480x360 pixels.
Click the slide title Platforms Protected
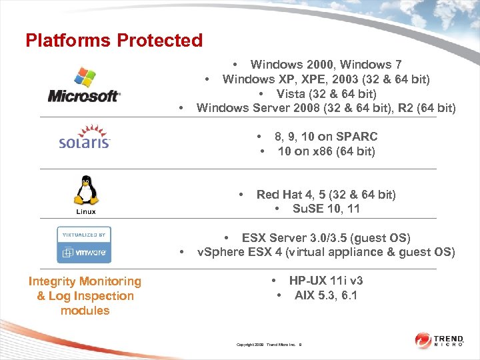[114, 41]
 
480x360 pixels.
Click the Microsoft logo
[84, 85]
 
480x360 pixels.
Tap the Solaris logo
[84, 135]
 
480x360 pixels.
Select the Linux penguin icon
[85, 192]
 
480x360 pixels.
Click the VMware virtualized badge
[84, 245]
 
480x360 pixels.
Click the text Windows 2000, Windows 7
[325, 65]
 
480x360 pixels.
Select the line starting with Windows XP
[325, 79]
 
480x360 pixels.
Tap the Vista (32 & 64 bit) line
[326, 94]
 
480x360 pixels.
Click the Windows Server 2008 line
[326, 108]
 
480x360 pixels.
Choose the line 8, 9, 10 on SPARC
[325, 137]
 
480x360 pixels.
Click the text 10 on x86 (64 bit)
[326, 151]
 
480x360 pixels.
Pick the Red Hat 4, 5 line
[325, 195]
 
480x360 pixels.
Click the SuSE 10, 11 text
[326, 209]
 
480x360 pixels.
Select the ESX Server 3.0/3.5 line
[325, 238]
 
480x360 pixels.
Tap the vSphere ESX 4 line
[326, 252]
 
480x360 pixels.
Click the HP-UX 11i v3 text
[325, 281]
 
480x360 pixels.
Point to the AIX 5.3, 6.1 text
[325, 295]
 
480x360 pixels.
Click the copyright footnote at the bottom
[269, 345]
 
